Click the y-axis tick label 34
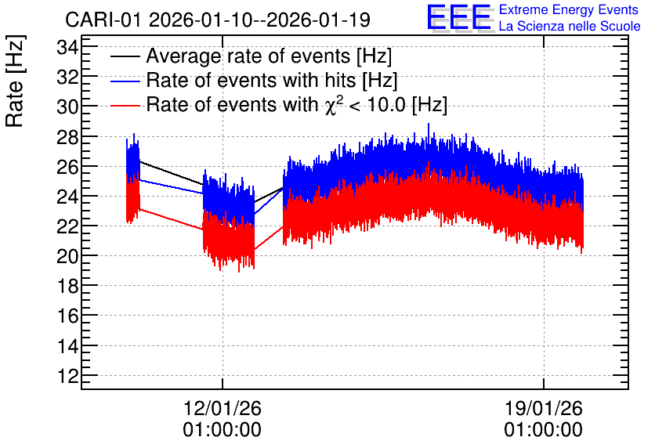pyautogui.click(x=67, y=48)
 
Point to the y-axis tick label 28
pyautogui.click(x=67, y=137)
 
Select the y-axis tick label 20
pyautogui.click(x=67, y=256)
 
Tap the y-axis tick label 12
pyautogui.click(x=67, y=376)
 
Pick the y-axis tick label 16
pyautogui.click(x=67, y=316)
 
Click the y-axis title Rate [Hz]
pyautogui.click(x=15, y=81)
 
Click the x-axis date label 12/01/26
pyautogui.click(x=223, y=408)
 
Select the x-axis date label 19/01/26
pyautogui.click(x=544, y=408)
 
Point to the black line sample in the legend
pyautogui.click(x=125, y=56)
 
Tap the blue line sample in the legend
pyautogui.click(x=125, y=81)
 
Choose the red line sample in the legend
pyautogui.click(x=125, y=105)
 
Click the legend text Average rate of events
pyautogui.click(x=248, y=56)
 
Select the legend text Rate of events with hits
pyautogui.click(x=251, y=80)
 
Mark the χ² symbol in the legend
pyautogui.click(x=331, y=104)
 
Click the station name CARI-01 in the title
pyautogui.click(x=104, y=20)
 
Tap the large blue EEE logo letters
pyautogui.click(x=460, y=18)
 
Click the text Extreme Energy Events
pyautogui.click(x=569, y=9)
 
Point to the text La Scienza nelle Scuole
pyautogui.click(x=570, y=27)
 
